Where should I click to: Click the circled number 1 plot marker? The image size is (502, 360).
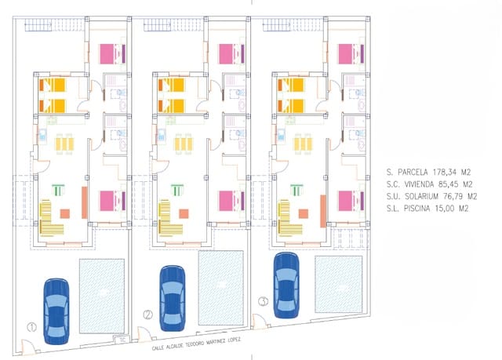(31, 327)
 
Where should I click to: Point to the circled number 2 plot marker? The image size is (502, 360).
(147, 316)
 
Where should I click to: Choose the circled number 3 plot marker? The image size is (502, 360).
(263, 300)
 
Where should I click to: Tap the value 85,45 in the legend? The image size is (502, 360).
(444, 183)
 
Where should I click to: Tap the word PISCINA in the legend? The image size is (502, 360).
(413, 208)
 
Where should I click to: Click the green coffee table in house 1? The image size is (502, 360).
(56, 189)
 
